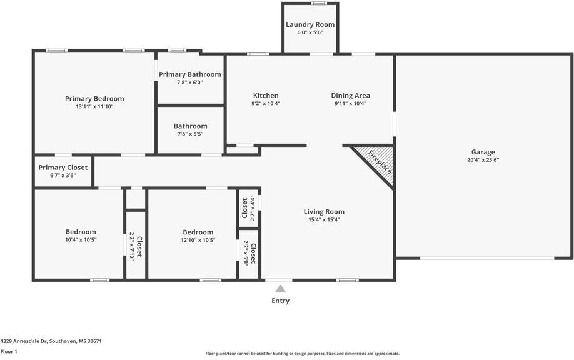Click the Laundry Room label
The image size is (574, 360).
pos(310,24)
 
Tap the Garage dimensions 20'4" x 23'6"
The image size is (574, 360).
pos(483,160)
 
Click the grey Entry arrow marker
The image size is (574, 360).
pos(280,289)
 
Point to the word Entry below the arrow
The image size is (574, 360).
pos(280,301)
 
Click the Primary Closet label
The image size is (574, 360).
pos(63,167)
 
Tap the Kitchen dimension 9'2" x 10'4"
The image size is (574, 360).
pos(266,104)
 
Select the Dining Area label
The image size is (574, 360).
pos(350,96)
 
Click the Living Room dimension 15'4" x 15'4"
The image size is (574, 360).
pos(324,220)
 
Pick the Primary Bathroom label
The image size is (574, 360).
pos(190,74)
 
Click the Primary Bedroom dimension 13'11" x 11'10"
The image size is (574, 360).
pos(94,107)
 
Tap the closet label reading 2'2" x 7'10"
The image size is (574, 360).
pos(132,246)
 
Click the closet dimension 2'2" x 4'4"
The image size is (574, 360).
pos(252,208)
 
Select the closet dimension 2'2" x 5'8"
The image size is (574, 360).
pos(246,253)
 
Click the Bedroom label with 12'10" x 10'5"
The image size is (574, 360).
pos(198,232)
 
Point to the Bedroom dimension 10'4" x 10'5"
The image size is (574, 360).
pos(81,240)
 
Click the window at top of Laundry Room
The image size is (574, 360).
pos(319,3)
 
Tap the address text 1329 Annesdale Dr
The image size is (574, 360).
pos(24,341)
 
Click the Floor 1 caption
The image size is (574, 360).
pos(9,352)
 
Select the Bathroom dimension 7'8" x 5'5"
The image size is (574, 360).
pos(190,134)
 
